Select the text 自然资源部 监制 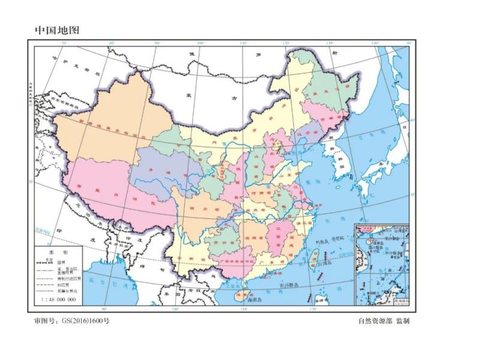click(384, 321)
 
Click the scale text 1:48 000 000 click(58, 299)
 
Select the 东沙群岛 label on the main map click(291, 285)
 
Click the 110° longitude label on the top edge click(244, 43)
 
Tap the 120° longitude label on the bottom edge click(313, 308)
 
